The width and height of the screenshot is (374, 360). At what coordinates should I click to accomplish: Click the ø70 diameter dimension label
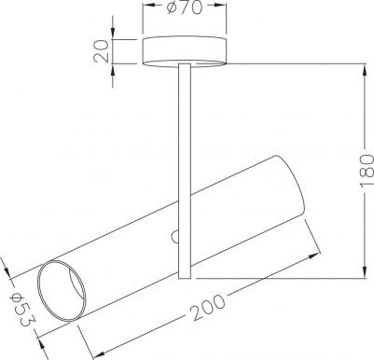click(x=185, y=7)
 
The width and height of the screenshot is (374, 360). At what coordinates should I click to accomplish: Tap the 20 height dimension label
click(x=102, y=51)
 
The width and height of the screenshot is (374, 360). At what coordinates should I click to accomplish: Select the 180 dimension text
click(x=367, y=170)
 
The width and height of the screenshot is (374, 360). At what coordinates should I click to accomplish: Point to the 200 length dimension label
click(x=208, y=307)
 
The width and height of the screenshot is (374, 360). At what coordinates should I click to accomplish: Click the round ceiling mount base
click(x=185, y=51)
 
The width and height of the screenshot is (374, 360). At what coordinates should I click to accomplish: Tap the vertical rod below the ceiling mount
click(x=185, y=171)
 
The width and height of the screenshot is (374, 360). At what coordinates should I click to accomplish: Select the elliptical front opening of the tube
click(x=62, y=291)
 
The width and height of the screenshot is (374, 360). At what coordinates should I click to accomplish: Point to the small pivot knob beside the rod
click(x=175, y=237)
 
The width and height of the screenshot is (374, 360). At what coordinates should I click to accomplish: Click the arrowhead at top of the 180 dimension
click(x=365, y=70)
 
